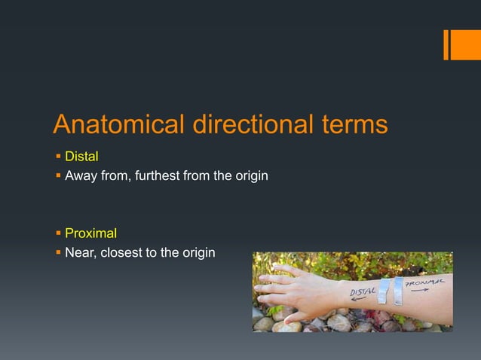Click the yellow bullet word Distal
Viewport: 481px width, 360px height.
[82, 157]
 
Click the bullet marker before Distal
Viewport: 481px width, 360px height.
[57, 157]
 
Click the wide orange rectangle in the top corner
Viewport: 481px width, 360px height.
[461, 44]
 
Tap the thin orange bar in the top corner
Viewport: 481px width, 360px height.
[446, 44]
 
